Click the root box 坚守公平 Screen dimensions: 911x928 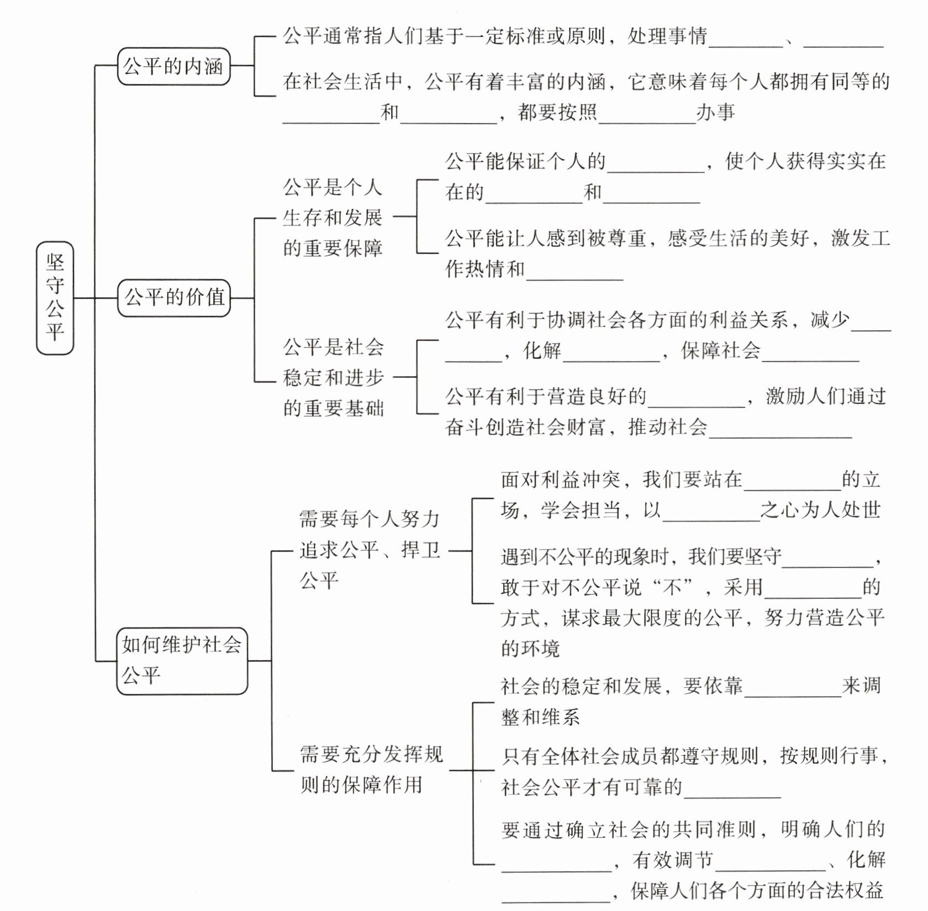point(55,298)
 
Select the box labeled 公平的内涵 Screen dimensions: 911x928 point(173,66)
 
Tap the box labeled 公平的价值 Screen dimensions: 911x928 point(174,298)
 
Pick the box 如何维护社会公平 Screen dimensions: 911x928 point(182,660)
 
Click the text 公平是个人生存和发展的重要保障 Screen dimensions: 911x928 point(333,218)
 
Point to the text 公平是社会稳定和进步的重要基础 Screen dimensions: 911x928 point(333,377)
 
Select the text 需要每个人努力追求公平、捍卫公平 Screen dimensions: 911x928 point(369,550)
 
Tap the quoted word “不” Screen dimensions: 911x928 point(672,587)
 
